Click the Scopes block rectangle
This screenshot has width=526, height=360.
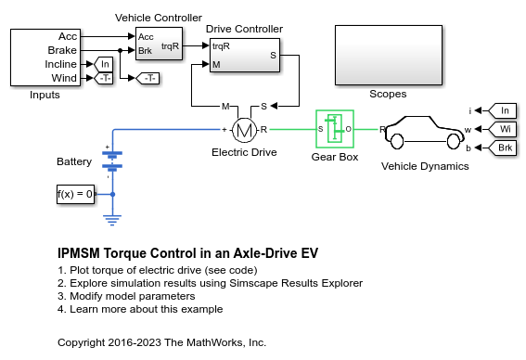(389, 55)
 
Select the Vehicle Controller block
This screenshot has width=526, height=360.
(159, 44)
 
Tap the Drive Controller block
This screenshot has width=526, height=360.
(245, 55)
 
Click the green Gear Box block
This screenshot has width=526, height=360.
(335, 129)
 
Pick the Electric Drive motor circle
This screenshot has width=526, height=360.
(244, 130)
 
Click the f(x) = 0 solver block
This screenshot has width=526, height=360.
(75, 194)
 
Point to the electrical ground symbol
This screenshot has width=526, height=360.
(112, 220)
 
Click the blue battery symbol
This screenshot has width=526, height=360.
(112, 160)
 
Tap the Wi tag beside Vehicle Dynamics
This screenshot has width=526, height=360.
(502, 129)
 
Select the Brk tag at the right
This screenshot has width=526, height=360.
(502, 148)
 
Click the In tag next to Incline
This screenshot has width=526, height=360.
(103, 64)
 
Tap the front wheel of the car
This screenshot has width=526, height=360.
(454, 141)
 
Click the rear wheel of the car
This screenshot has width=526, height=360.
(397, 141)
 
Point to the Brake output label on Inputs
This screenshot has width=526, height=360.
(62, 50)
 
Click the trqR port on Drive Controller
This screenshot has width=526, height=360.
(221, 46)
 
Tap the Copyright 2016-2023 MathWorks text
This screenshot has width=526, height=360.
(161, 342)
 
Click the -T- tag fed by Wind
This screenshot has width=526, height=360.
(103, 78)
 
